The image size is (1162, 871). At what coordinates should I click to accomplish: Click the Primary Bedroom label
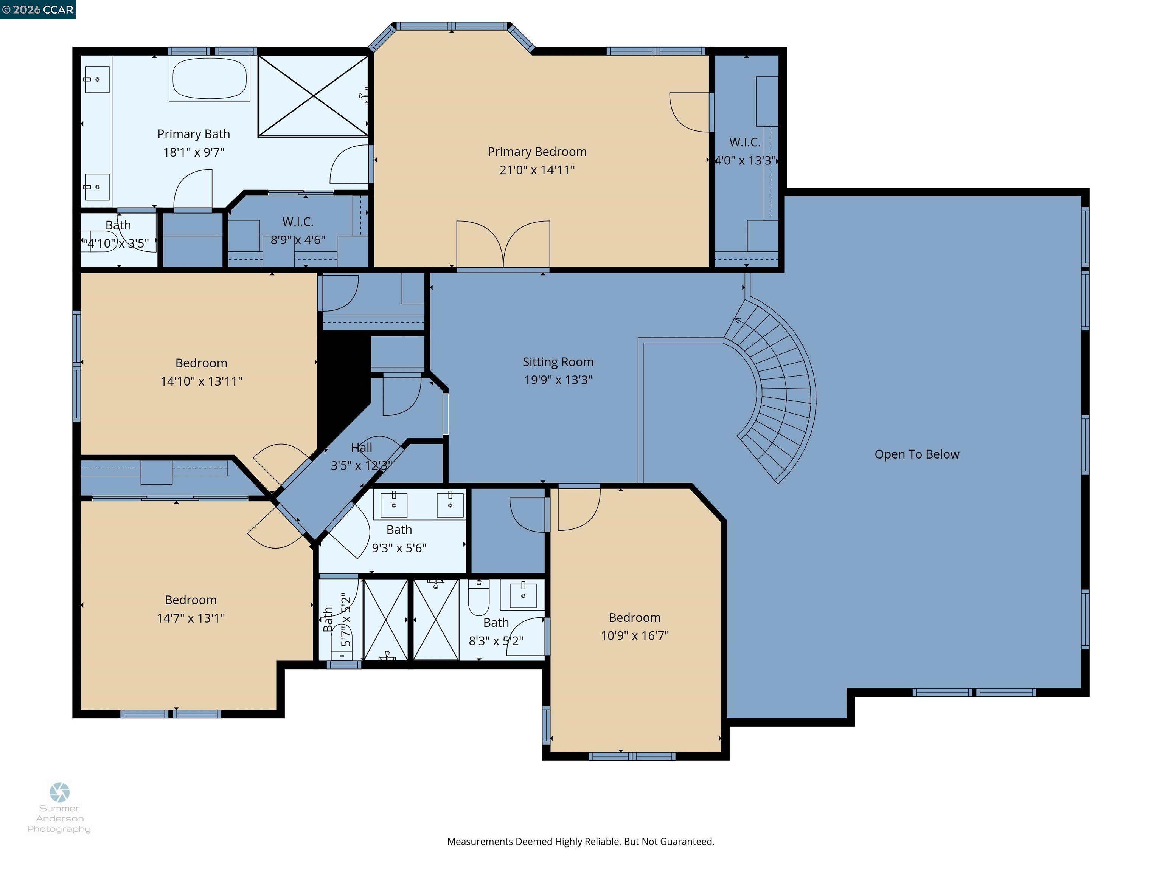(537, 152)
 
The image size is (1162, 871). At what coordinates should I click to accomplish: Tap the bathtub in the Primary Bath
(210, 78)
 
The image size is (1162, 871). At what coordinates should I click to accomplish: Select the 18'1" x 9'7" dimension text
(193, 152)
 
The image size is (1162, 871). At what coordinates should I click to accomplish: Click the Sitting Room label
(558, 362)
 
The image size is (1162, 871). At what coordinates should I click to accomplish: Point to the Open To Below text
(917, 454)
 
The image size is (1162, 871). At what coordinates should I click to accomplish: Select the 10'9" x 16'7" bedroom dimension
(635, 636)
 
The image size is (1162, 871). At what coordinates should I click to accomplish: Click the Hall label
(361, 447)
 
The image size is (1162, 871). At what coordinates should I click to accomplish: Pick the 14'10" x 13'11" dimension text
(201, 381)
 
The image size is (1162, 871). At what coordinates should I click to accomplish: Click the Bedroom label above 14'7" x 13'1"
(191, 600)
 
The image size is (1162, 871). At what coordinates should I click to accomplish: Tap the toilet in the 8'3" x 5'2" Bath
(478, 598)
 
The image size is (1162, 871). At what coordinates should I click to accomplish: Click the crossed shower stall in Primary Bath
(314, 96)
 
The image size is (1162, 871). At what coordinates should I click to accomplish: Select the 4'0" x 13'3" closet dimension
(744, 161)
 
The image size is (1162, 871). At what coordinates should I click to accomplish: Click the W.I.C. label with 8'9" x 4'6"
(297, 222)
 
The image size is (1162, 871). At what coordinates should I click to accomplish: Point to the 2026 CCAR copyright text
(37, 9)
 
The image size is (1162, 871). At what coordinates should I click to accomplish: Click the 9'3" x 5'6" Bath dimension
(399, 548)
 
